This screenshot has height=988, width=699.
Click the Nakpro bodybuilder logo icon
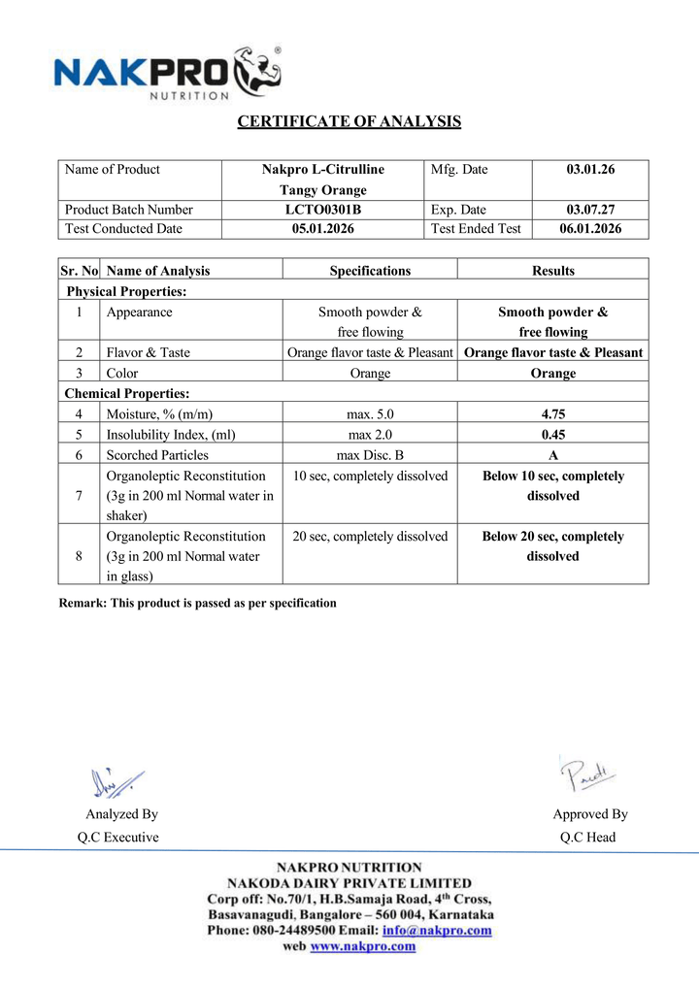pyautogui.click(x=256, y=71)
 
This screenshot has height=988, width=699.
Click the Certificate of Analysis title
pyautogui.click(x=349, y=121)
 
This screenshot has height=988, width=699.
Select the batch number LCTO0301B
pyautogui.click(x=323, y=210)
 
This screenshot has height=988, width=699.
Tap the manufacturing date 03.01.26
pyautogui.click(x=590, y=169)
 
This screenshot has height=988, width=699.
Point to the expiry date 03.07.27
pyautogui.click(x=590, y=210)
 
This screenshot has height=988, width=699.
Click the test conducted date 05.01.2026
pyautogui.click(x=323, y=229)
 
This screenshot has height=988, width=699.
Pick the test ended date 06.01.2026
pyautogui.click(x=590, y=229)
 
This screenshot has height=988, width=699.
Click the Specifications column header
pyautogui.click(x=370, y=271)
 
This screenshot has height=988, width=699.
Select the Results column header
pyautogui.click(x=553, y=271)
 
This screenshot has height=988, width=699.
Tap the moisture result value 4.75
pyautogui.click(x=553, y=414)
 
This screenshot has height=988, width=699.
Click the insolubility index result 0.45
pyautogui.click(x=553, y=435)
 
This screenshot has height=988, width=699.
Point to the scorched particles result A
pyautogui.click(x=553, y=454)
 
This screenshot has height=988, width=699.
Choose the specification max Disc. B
pyautogui.click(x=370, y=454)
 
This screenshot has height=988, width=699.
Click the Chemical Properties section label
pyautogui.click(x=127, y=393)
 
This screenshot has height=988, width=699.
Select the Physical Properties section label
pyautogui.click(x=126, y=291)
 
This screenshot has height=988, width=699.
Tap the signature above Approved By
pyautogui.click(x=587, y=774)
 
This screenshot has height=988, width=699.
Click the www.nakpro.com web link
pyautogui.click(x=362, y=947)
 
